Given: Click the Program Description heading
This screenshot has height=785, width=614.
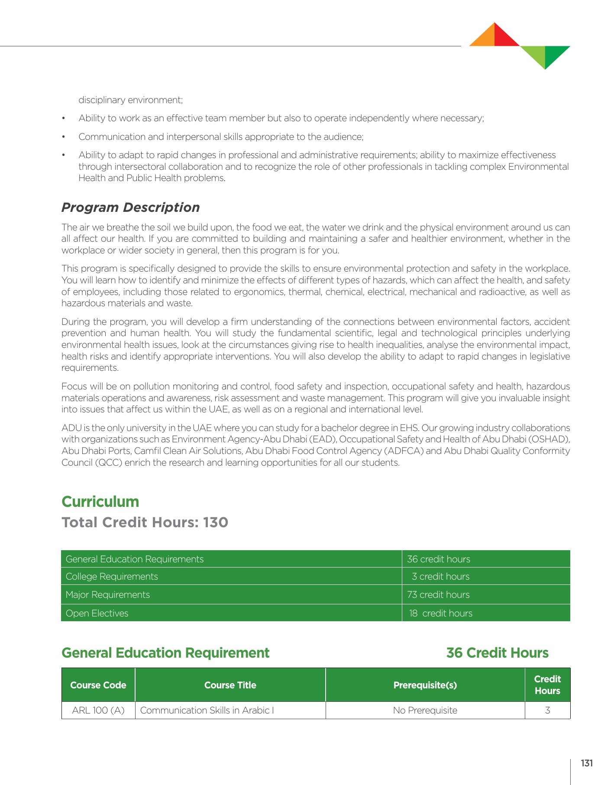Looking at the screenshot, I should [x=130, y=208].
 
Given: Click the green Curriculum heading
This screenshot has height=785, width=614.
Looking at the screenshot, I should [x=100, y=502].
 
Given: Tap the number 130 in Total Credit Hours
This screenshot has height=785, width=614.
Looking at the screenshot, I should [x=216, y=522].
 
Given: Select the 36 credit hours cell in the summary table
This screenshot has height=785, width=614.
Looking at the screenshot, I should [x=438, y=559].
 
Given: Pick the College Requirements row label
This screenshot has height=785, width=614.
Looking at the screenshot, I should [x=112, y=577].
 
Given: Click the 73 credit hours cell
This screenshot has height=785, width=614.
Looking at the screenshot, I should [x=438, y=595].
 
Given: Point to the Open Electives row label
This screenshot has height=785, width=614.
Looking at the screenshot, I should [x=97, y=613].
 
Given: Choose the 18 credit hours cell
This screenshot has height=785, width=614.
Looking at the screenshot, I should [x=441, y=613].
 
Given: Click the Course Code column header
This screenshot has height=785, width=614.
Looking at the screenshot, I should [x=98, y=685].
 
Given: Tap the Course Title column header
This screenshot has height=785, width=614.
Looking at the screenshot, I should [x=230, y=685].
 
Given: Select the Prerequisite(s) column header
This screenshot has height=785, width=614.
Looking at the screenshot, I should [x=425, y=685].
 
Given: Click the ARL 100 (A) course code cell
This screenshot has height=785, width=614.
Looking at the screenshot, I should [x=98, y=710].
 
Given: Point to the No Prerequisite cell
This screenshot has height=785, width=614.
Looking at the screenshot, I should [x=425, y=710].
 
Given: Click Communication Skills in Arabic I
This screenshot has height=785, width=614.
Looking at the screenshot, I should [x=207, y=710].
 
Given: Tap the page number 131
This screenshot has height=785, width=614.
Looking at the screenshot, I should [x=587, y=763].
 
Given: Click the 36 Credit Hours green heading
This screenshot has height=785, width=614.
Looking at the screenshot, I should [x=497, y=653].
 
